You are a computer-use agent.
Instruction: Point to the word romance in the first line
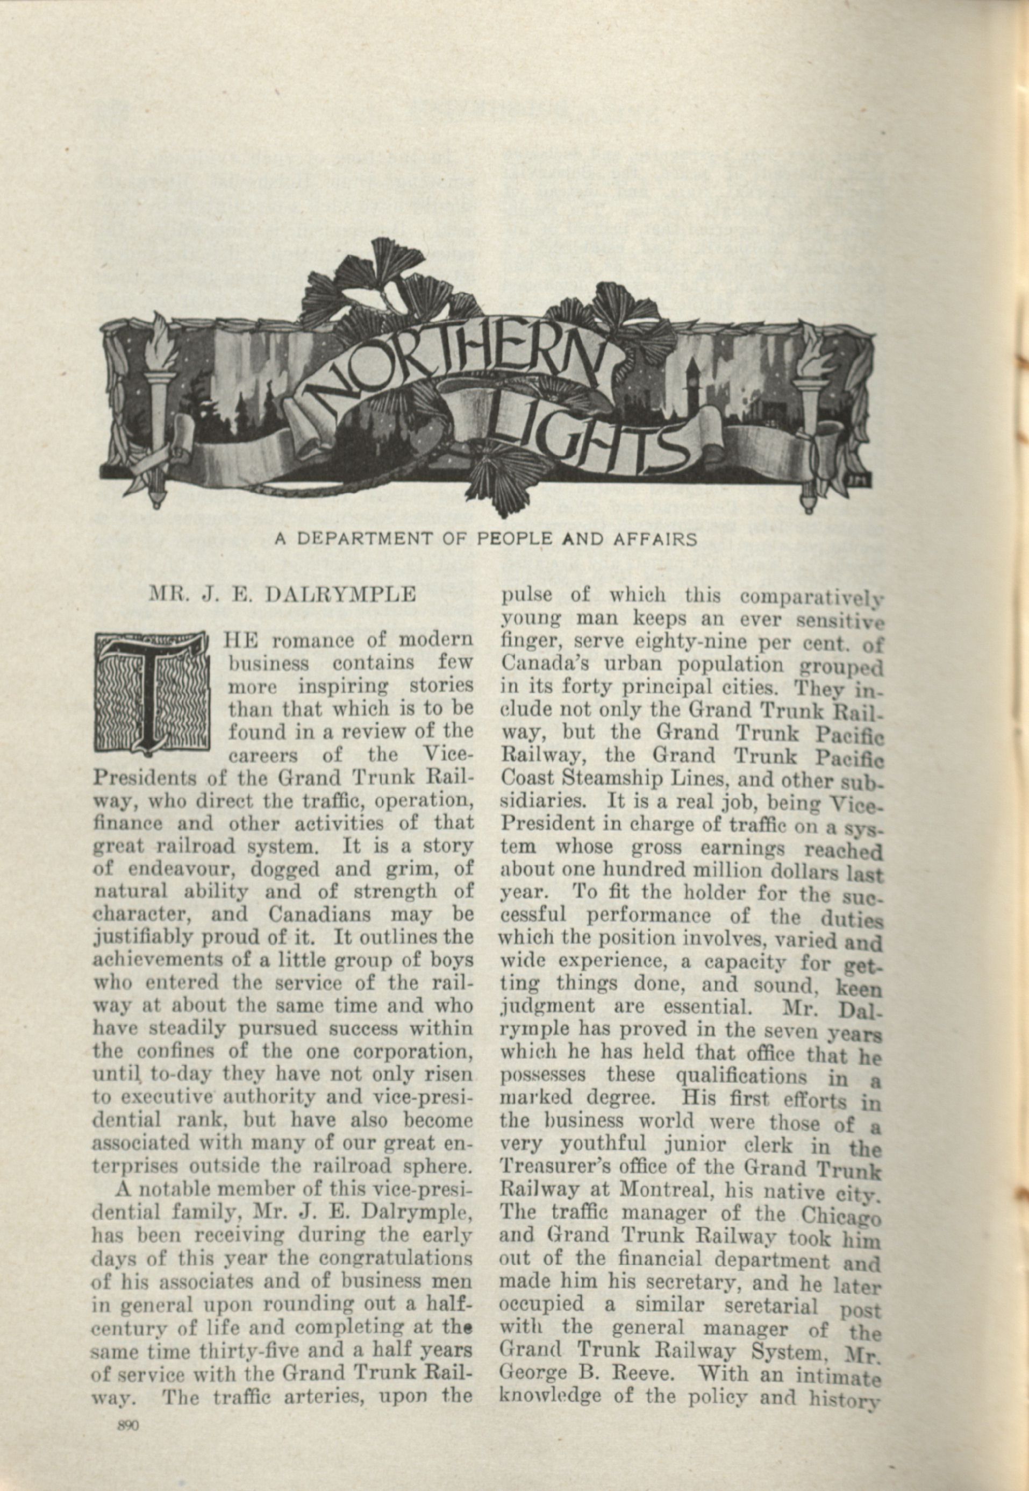point(323,642)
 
